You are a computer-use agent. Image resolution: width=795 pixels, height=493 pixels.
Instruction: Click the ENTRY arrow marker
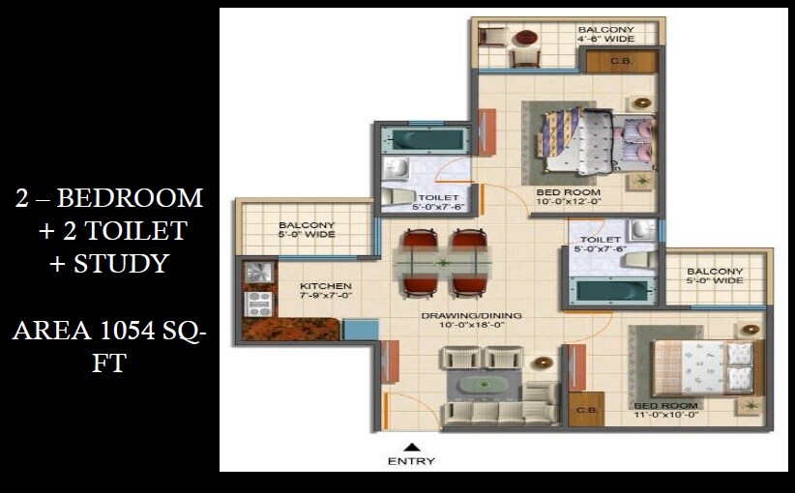411,447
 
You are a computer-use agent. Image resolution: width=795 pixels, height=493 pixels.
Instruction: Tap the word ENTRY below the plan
411,461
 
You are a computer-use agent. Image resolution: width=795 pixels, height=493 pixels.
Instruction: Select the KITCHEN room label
325,286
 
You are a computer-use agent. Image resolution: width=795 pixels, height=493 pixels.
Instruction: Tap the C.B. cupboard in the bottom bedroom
585,410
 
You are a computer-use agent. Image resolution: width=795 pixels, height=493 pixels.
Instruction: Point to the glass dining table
443,262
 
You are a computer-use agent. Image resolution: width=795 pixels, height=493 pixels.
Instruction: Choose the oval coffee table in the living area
481,385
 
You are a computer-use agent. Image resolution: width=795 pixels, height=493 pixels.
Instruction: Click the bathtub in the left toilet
423,139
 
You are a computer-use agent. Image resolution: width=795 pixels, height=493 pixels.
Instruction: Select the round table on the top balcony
526,39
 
